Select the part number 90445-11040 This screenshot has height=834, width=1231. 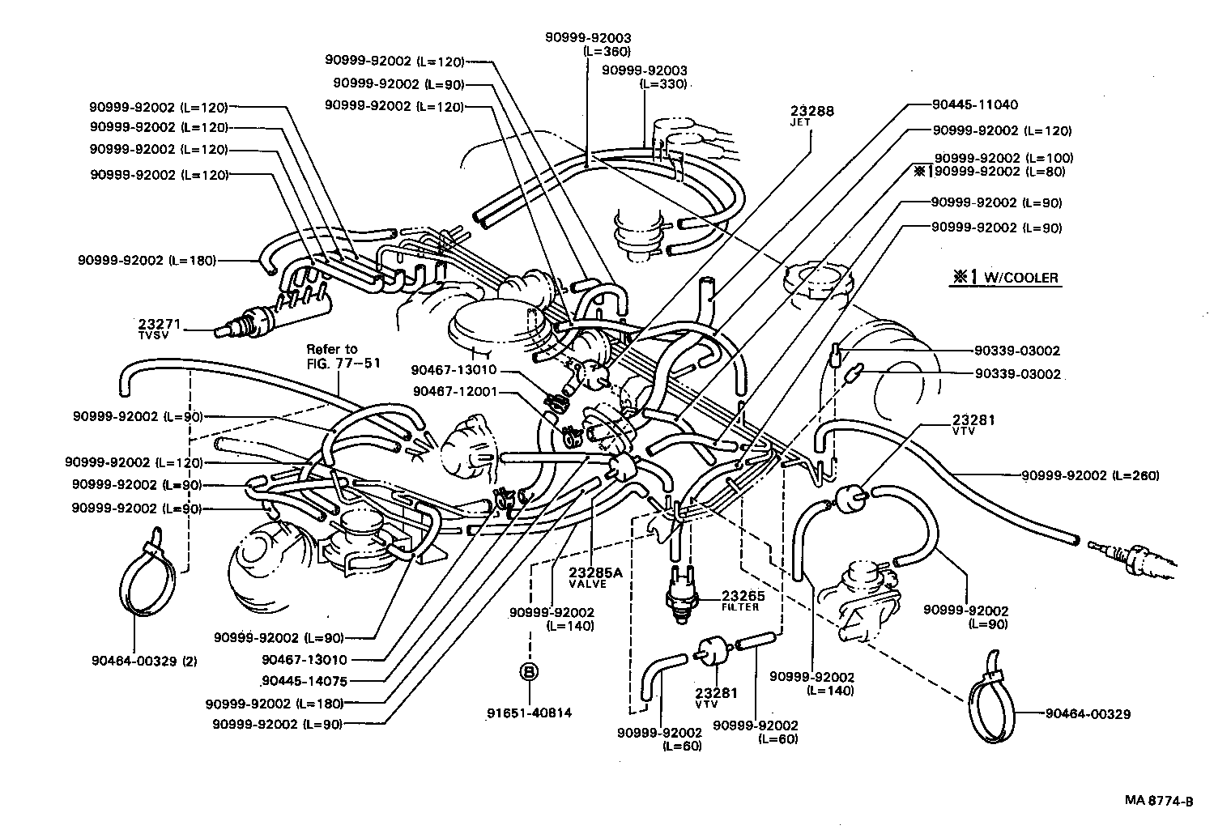coord(974,104)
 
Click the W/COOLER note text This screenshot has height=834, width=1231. coord(1004,277)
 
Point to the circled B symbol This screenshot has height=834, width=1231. coord(528,671)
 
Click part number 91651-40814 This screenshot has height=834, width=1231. coord(529,713)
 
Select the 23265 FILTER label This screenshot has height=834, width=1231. coord(740,599)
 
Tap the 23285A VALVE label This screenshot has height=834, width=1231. coord(595,577)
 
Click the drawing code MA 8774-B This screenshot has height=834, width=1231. coord(1158,802)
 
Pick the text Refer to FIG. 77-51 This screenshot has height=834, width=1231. coord(331,355)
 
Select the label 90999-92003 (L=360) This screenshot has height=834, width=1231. coord(588,44)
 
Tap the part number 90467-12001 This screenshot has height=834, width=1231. coord(454,391)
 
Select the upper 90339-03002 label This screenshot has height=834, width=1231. coord(1016,351)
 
